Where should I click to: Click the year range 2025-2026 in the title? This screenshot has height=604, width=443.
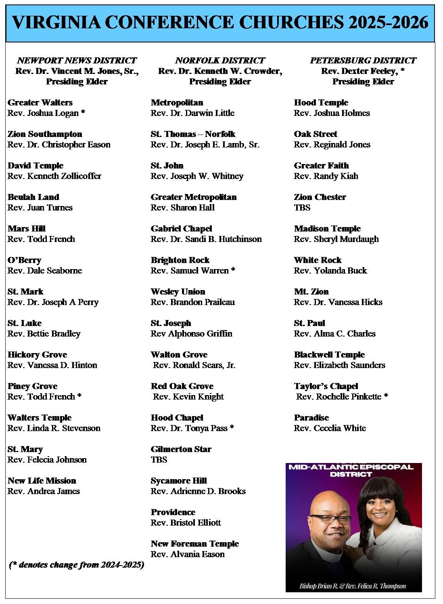click(x=388, y=22)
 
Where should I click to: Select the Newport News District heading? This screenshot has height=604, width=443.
click(x=77, y=61)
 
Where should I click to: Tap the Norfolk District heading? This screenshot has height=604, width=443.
click(x=220, y=61)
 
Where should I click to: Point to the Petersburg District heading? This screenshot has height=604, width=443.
click(x=363, y=61)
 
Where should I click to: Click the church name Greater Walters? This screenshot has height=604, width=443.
click(x=40, y=103)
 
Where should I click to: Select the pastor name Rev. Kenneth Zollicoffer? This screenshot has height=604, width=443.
click(x=54, y=176)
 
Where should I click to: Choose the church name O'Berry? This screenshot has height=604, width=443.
click(x=24, y=260)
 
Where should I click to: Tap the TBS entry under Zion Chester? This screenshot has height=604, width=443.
click(x=302, y=208)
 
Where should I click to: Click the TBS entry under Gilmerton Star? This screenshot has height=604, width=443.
click(x=159, y=460)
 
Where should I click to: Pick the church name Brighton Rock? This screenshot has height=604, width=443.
click(x=180, y=260)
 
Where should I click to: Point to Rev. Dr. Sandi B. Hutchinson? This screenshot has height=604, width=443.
click(x=206, y=239)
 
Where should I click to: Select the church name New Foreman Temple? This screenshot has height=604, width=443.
click(x=195, y=544)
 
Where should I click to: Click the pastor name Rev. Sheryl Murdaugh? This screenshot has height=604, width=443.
click(x=336, y=239)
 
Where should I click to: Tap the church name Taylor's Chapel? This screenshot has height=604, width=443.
click(x=326, y=386)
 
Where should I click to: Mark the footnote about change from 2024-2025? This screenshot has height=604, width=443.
click(x=77, y=565)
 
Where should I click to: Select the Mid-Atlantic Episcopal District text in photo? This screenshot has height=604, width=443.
click(x=351, y=471)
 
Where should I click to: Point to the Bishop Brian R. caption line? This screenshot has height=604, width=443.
click(x=353, y=586)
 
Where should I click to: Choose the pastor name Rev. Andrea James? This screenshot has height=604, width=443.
click(x=44, y=491)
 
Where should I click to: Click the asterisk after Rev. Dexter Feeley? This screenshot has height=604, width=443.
click(x=402, y=71)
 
